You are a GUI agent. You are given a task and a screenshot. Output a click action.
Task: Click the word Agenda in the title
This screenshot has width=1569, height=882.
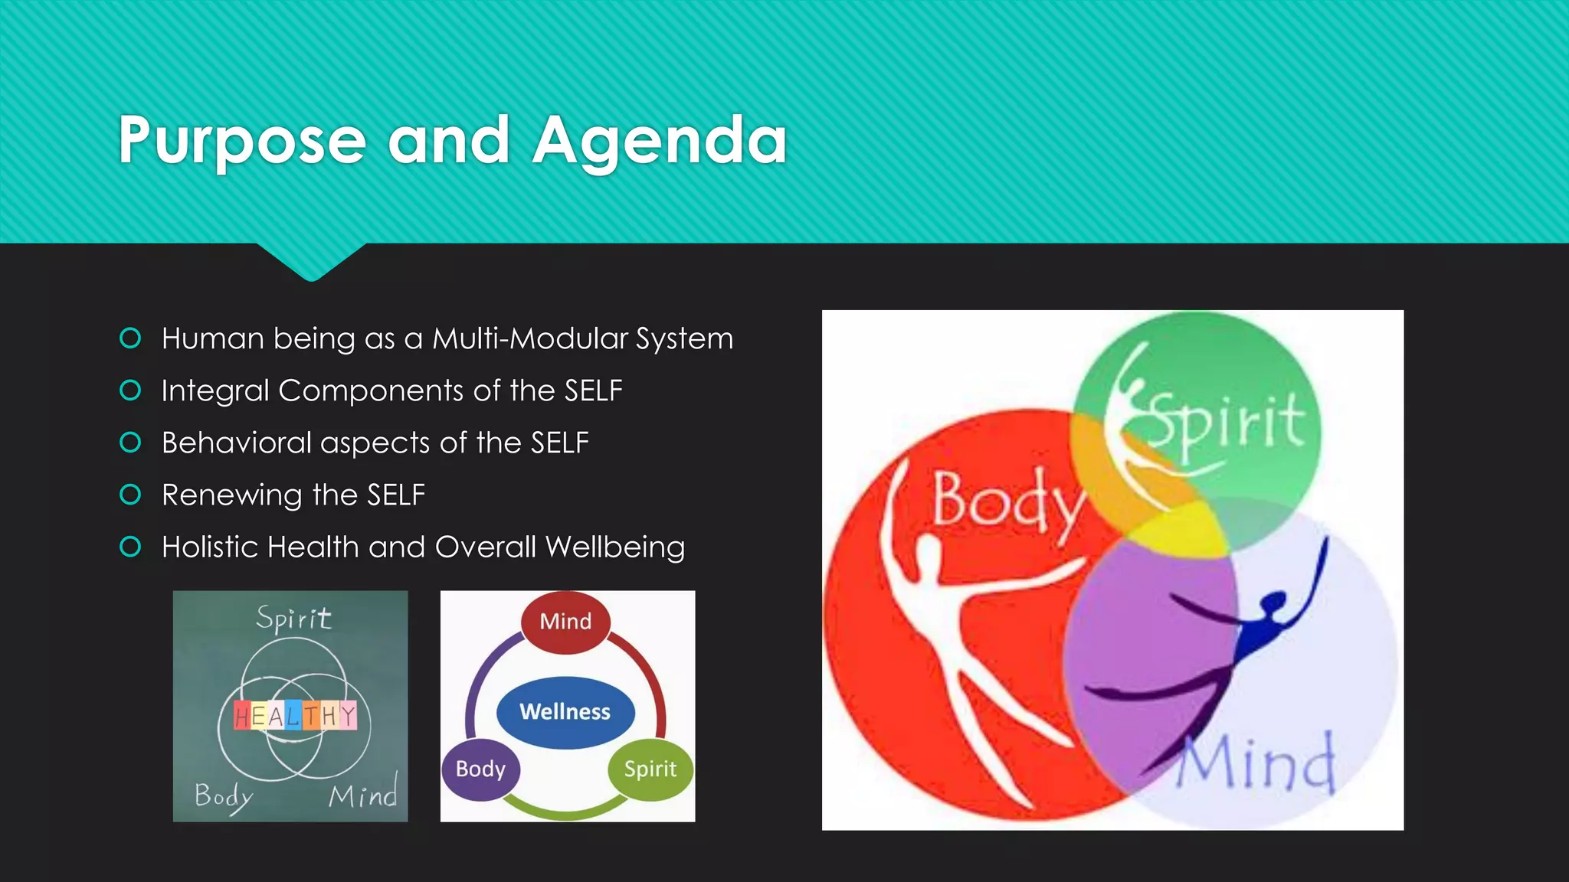660,140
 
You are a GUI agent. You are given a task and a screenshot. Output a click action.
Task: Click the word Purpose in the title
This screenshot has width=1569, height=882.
242,140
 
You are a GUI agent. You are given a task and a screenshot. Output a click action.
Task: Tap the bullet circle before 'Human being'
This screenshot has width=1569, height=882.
131,338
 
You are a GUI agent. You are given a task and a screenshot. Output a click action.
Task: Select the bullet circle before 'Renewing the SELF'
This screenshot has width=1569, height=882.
131,495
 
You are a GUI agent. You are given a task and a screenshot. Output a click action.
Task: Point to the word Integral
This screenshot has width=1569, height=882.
215,390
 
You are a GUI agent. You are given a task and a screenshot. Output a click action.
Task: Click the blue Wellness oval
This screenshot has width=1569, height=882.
565,712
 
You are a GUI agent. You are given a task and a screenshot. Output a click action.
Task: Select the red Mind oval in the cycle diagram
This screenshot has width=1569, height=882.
565,621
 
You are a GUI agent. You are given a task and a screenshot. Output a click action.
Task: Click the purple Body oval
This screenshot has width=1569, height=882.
480,769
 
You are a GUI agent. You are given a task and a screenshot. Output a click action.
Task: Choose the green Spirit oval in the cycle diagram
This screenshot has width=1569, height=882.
650,769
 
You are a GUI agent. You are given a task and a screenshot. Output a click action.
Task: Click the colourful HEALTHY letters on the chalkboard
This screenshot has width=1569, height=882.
295,715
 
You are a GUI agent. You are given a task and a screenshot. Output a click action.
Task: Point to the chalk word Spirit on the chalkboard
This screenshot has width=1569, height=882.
293,618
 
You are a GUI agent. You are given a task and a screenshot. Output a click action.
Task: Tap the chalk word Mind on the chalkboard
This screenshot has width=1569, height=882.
363,795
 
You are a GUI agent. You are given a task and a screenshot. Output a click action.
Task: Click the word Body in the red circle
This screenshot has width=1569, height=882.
1007,501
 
